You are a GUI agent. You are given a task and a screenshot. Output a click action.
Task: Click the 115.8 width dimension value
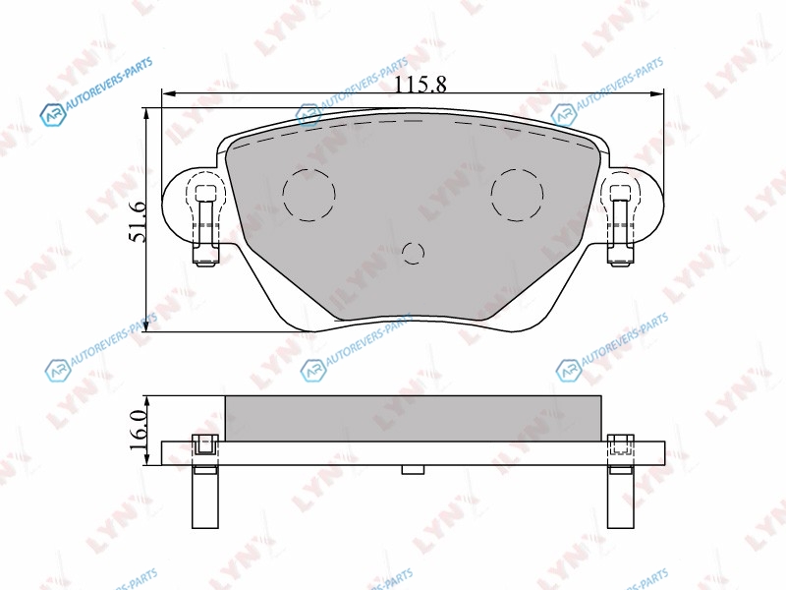[421, 84]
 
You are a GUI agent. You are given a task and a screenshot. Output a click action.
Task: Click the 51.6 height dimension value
[137, 221]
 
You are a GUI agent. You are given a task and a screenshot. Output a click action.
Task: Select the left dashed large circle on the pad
[309, 194]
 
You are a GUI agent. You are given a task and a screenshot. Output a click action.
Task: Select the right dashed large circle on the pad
[518, 194]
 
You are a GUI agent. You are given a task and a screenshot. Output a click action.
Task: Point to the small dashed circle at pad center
[413, 253]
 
